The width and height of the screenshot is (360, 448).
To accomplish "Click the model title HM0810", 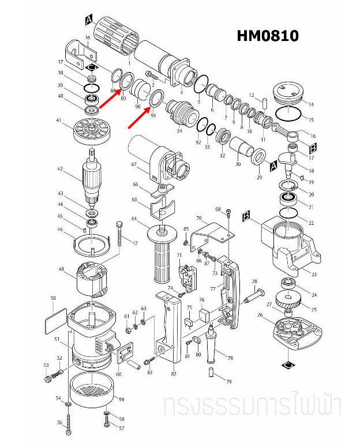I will [x=267, y=36].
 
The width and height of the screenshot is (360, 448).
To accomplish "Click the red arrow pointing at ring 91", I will [x=140, y=117].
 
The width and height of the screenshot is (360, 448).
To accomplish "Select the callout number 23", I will [x=314, y=274].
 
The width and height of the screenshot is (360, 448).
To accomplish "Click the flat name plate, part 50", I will [x=55, y=319].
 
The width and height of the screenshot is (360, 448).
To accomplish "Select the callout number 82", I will [x=174, y=374].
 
